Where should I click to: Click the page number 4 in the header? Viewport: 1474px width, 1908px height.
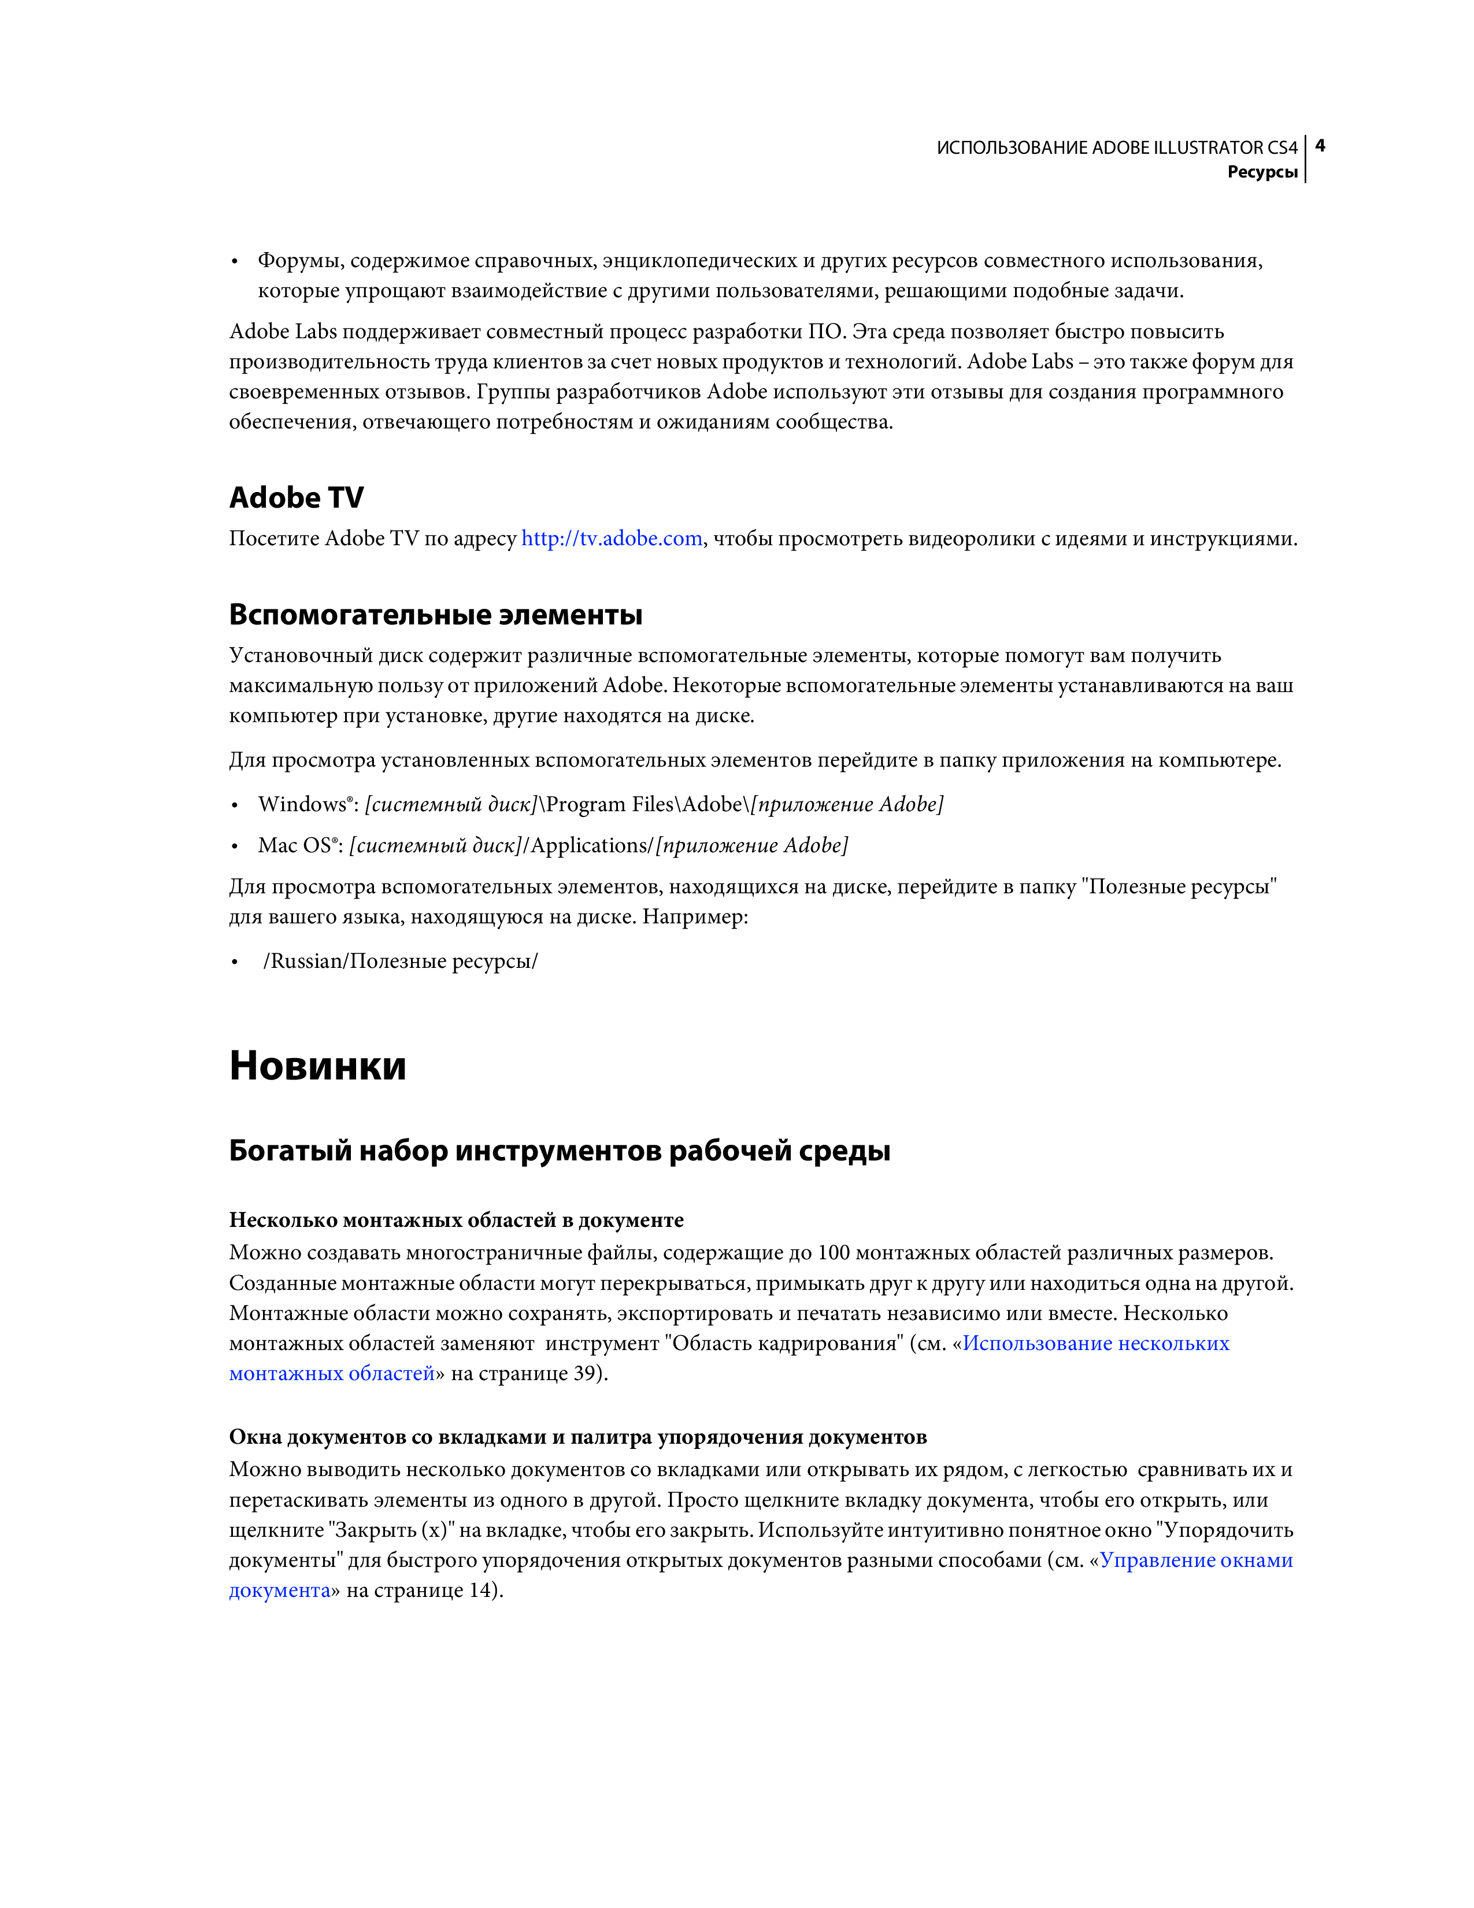1320,145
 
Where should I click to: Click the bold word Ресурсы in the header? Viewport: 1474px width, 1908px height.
1262,172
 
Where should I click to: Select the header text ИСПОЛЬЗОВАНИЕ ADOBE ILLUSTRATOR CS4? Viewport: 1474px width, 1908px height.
1116,147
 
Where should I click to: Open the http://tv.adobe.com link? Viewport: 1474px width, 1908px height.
611,538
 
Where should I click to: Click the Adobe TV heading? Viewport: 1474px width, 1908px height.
296,497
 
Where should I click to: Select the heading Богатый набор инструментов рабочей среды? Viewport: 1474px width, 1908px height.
559,1151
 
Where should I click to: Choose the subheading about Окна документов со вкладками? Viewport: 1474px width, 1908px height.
577,1437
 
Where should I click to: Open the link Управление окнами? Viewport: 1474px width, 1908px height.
1195,1561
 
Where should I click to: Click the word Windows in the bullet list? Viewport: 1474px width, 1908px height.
301,805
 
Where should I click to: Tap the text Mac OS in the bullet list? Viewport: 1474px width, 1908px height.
294,846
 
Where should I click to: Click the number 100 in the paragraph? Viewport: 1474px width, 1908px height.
833,1253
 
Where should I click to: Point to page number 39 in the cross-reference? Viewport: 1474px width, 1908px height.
584,1373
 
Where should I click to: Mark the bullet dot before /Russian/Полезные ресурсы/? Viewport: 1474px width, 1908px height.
234,963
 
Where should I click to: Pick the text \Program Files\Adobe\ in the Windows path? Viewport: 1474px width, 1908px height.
643,805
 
